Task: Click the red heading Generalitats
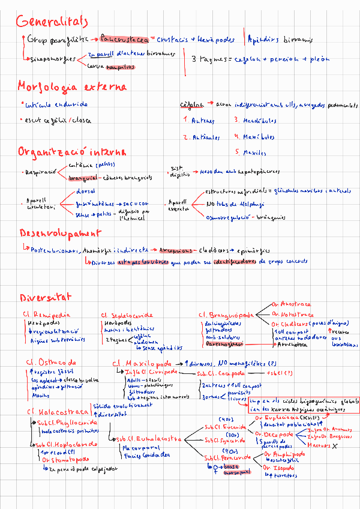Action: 52,22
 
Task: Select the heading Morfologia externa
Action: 71,86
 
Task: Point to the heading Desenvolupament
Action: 59,233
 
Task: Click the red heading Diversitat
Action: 45,297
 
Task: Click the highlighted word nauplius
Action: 120,68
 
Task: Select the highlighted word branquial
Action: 83,178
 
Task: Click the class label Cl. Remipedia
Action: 47,314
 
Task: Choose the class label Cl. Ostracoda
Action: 51,363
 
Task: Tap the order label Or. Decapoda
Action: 274,433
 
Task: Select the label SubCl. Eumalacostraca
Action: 148,438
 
